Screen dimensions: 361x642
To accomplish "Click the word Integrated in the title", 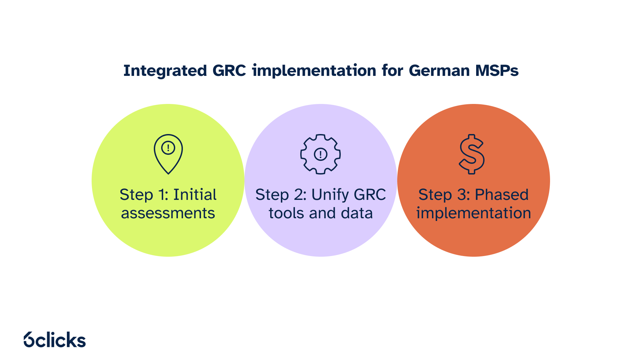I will coord(165,71).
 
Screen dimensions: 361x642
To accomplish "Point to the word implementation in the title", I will coord(314,71).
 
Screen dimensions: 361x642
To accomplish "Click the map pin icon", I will coord(168,154).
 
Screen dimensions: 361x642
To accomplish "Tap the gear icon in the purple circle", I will coord(320,154).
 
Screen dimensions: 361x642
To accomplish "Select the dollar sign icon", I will coord(471,154).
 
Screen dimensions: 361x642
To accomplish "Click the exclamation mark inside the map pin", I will coord(168,148).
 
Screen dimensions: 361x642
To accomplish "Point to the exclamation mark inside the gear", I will coord(320,154).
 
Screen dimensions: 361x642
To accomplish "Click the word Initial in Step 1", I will coord(195,195).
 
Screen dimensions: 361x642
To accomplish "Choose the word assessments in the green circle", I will coord(168,213).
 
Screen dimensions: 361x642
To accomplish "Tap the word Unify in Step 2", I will coord(330,195).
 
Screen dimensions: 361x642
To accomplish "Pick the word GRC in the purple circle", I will coord(370,195).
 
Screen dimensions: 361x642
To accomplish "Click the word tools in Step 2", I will coord(287,213).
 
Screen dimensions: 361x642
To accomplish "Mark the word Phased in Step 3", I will coord(502,195).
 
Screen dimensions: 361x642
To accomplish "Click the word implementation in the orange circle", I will coord(473,213).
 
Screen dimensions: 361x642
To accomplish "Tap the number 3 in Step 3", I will coord(462,195).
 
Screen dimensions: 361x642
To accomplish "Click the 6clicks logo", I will coord(55,340).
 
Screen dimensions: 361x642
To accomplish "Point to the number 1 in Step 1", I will coord(163,195).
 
